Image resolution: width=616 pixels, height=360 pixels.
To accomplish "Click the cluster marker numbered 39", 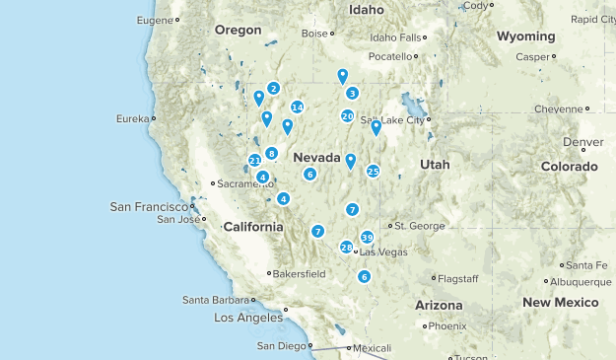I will coord(367,237).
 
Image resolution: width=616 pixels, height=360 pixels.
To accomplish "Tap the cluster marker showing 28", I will coord(346,248).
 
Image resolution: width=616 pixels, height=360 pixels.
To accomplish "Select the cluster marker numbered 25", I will coord(373,171).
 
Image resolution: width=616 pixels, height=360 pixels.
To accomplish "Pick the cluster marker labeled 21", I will coord(254,160).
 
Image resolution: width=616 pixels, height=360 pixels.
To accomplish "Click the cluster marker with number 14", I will coord(297,108).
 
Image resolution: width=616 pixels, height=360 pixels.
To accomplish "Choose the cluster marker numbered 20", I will coord(347,116).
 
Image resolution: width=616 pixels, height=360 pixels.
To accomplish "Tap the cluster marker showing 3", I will coord(352,93).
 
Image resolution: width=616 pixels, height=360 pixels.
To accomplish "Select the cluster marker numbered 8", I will coord(271,153).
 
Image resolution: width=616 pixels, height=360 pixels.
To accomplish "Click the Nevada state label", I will coord(316,158).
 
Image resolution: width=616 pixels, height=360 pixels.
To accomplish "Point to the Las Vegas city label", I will coord(383,252).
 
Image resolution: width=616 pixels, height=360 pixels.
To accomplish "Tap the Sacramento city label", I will coord(241,183).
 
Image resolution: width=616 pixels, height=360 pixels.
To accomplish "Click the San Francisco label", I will coord(148,207).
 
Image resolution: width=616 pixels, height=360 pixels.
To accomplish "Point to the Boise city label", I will coord(313,34).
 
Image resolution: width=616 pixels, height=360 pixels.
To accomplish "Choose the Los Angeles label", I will coord(248,318).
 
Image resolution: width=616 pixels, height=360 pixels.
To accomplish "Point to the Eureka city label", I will coord(132,119).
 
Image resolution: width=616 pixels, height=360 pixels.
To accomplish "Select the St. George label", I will coord(420,226).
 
